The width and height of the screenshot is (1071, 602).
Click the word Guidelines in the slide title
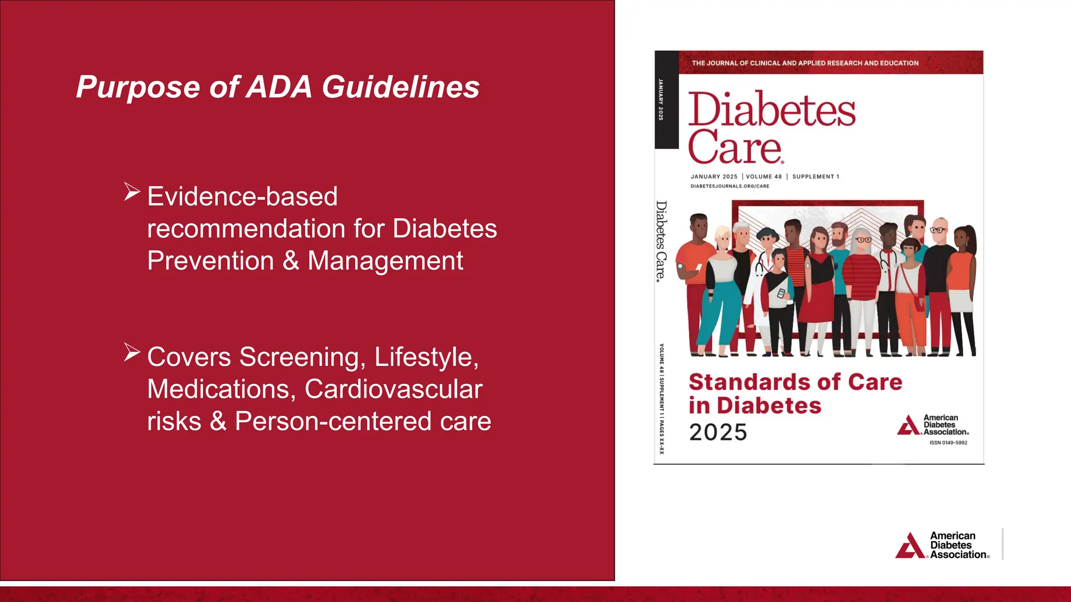pyautogui.click(x=401, y=87)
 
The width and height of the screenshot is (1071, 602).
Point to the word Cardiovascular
pyautogui.click(x=393, y=389)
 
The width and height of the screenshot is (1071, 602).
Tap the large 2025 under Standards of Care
pyautogui.click(x=718, y=432)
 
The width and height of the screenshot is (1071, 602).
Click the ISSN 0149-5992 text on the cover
pyautogui.click(x=948, y=443)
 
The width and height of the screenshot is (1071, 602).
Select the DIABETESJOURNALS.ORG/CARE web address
pyautogui.click(x=730, y=186)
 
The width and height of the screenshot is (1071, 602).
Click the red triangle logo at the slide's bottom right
pyautogui.click(x=910, y=546)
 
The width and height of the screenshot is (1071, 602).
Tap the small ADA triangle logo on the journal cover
pyautogui.click(x=908, y=425)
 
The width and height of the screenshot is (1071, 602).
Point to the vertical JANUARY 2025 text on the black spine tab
pyautogui.click(x=661, y=99)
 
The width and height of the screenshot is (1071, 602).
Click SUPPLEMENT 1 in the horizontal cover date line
pyautogui.click(x=815, y=177)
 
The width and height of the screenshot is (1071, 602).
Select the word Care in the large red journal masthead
pyautogui.click(x=735, y=147)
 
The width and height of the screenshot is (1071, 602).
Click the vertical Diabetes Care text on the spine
pyautogui.click(x=662, y=241)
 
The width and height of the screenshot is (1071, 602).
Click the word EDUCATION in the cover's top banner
pyautogui.click(x=899, y=63)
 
